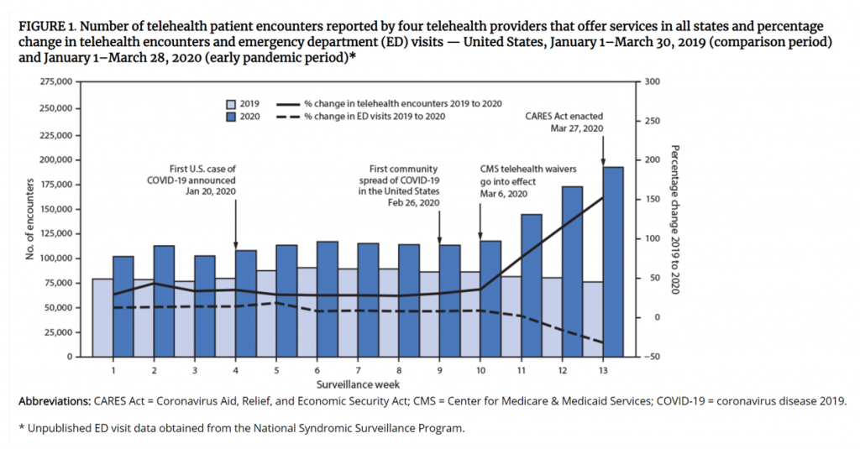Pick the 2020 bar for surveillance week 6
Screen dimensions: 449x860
[327, 299]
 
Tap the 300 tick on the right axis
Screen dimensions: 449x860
[650, 81]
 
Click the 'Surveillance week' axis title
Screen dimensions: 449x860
[357, 383]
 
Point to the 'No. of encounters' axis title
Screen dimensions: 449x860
[30, 219]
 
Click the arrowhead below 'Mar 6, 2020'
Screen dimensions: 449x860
[480, 236]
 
